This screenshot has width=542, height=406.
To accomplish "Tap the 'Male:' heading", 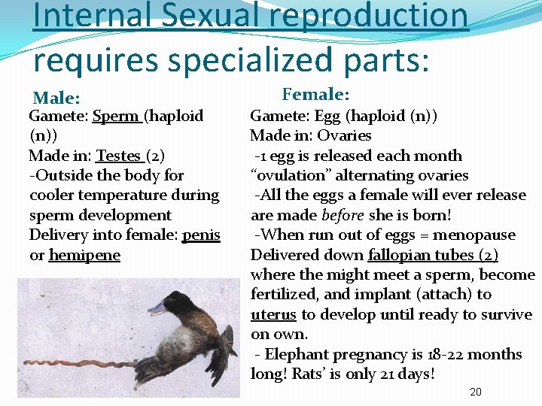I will pyautogui.click(x=56, y=98).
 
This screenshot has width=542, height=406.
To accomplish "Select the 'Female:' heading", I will pyautogui.click(x=315, y=94).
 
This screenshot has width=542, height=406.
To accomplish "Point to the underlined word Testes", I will pyautogui.click(x=119, y=156).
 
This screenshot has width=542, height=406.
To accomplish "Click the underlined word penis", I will pyautogui.click(x=201, y=235).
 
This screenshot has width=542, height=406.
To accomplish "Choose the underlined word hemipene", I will pyautogui.click(x=84, y=255).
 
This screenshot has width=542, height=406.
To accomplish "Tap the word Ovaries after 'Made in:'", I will pyautogui.click(x=344, y=135).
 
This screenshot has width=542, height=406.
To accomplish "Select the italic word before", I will pyautogui.click(x=343, y=215).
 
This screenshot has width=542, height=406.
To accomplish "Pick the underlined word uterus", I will pyautogui.click(x=273, y=314).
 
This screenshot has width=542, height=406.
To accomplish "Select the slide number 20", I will pyautogui.click(x=475, y=392).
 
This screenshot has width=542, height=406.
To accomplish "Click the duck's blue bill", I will pyautogui.click(x=160, y=307).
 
